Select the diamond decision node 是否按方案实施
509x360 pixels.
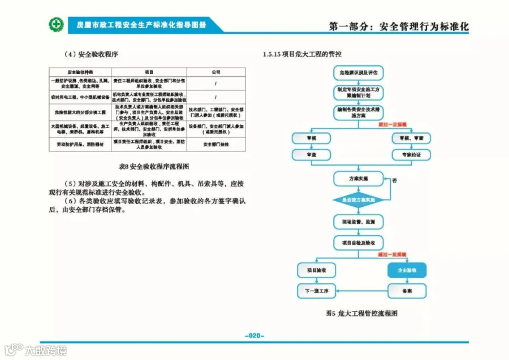coord(358,199)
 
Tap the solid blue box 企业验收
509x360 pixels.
coord(406,271)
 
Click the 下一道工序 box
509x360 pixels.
coord(316,291)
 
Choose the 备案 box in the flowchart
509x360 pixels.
coord(406,291)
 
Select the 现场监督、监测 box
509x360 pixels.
coord(358,221)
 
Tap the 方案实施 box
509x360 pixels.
coord(358,179)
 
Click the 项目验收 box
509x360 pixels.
coord(316,271)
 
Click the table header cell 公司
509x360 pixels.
coord(215,72)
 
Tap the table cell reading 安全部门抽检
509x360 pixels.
coord(215,144)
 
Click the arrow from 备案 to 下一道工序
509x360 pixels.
coord(362,291)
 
